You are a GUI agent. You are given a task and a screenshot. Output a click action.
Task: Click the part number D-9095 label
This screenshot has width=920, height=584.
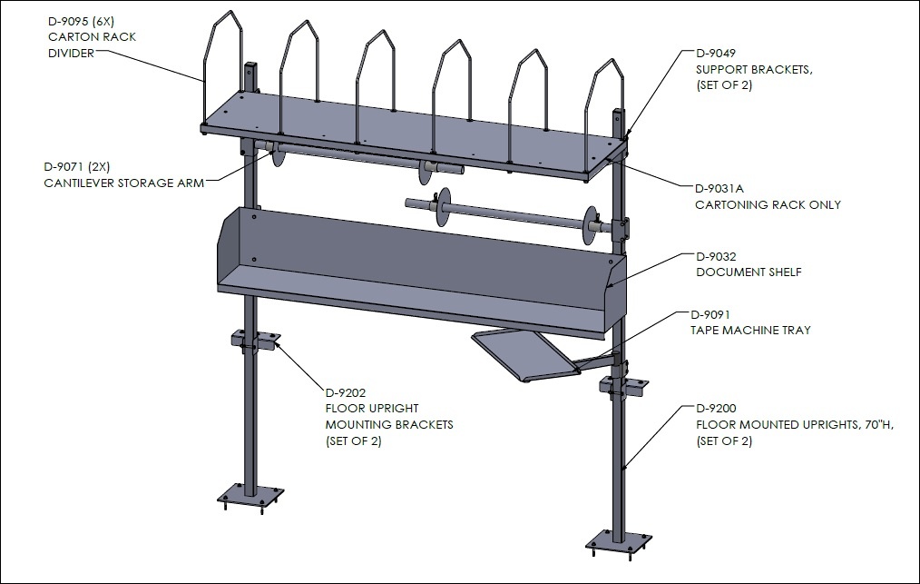coord(68,21)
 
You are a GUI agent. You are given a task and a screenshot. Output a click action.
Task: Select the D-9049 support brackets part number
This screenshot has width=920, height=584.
coord(715,53)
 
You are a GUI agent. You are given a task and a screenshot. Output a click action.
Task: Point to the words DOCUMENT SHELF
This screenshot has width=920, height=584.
coord(749,272)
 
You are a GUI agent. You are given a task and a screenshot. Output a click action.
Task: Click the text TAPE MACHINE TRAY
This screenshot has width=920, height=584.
coord(750,331)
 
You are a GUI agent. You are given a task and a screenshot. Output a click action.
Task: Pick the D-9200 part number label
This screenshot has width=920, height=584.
coord(716,409)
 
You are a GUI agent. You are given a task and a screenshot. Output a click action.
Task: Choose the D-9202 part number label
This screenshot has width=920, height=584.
coord(346,392)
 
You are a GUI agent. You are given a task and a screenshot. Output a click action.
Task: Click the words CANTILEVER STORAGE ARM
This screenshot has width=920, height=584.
coord(123,183)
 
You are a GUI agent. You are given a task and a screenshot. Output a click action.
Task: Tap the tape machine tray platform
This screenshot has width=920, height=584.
coord(524,355)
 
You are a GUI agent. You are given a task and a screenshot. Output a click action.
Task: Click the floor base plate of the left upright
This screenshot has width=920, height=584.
coord(250,500)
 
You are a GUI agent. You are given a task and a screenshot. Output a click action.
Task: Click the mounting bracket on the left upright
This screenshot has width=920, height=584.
coord(255,341)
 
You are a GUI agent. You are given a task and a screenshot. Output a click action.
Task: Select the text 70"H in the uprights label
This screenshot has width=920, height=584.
coord(878,425)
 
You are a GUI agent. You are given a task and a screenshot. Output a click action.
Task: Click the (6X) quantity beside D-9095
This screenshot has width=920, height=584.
coord(103,21)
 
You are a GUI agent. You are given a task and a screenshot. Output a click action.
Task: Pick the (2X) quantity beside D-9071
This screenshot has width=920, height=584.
coord(99,167)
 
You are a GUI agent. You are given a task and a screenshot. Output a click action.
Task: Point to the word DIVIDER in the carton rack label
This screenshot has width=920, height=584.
coord(71,53)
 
